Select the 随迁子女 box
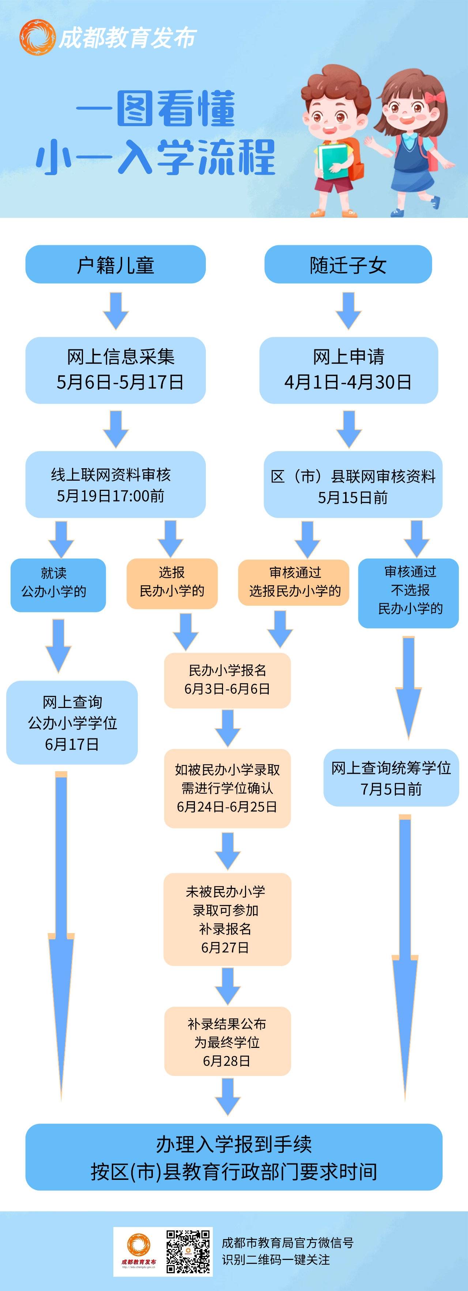coord(348,264)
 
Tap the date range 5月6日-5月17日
coord(120,382)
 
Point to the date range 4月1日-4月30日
coord(348,382)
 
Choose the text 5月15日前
coord(353,498)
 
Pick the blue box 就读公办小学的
coord(58,585)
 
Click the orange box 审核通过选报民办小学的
coord(294,582)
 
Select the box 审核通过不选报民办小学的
coord(408,593)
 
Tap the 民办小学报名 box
coord(227,680)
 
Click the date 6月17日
coord(72,744)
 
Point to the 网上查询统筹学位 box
coord(391,777)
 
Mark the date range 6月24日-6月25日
coord(227,807)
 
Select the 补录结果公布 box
coord(227,1041)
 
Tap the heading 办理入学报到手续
coord(234,1144)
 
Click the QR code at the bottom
coord(188,1252)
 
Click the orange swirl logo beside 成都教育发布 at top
coord(37,37)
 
